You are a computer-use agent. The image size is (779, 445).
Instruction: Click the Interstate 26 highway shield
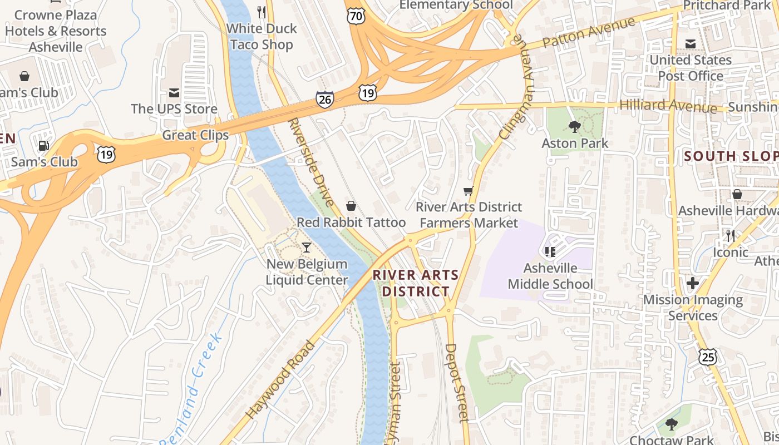(325, 100)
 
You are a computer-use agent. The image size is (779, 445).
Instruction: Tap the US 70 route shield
(356, 16)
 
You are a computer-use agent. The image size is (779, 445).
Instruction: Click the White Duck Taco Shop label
(261, 36)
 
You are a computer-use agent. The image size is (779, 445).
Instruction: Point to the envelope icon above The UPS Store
(174, 92)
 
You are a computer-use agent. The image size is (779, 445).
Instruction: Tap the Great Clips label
(195, 135)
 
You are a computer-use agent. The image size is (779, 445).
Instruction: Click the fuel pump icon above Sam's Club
(43, 146)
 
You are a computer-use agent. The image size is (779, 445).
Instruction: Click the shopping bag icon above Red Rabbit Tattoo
(351, 206)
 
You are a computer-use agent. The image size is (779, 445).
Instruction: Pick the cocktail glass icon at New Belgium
(307, 248)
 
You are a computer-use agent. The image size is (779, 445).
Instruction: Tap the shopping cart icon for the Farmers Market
(469, 191)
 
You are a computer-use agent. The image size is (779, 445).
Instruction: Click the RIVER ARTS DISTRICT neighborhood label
(416, 283)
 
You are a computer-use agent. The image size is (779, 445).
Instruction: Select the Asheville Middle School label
(550, 276)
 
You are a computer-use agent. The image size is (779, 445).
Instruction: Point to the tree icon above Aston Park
(575, 127)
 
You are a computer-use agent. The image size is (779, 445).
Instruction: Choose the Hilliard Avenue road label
(667, 105)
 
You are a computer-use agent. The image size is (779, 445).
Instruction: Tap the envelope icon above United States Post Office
(691, 44)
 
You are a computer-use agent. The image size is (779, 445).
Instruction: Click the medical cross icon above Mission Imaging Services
(693, 284)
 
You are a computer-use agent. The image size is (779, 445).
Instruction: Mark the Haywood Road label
(280, 379)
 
